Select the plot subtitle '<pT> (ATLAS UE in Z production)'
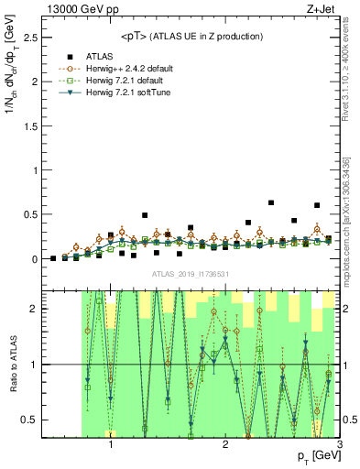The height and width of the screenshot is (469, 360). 192,36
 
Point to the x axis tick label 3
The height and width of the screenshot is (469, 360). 339,446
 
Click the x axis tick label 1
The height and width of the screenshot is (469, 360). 111,446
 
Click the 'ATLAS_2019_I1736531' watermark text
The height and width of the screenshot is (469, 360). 191,274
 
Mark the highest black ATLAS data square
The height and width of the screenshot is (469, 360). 271,202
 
